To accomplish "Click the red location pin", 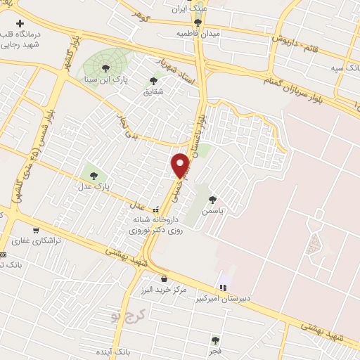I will click(181, 165).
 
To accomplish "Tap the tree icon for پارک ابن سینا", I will click(105, 68).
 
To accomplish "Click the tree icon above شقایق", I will click(154, 80).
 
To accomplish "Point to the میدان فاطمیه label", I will click(198, 34).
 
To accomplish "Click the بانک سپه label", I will click(344, 69).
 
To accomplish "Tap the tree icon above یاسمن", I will click(212, 200).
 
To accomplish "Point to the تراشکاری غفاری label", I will click(41, 240).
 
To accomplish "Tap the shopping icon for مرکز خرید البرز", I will click(164, 278).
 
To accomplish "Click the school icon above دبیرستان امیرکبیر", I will click(223, 287).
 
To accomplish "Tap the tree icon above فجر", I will click(215, 340).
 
